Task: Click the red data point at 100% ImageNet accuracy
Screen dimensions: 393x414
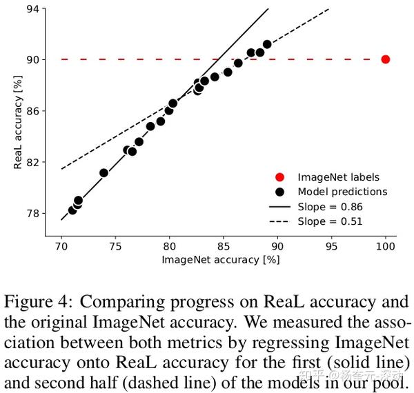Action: click(x=386, y=59)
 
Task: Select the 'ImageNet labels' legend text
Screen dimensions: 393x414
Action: click(x=338, y=177)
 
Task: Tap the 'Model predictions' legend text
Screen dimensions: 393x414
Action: click(x=342, y=192)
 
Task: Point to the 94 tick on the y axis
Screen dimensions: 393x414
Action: click(x=33, y=9)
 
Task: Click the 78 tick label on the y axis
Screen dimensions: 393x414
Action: click(x=33, y=213)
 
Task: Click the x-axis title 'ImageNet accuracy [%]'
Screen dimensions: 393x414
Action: click(x=221, y=260)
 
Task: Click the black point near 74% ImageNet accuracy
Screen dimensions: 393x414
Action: click(x=104, y=173)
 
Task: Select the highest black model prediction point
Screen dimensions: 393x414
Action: click(x=267, y=44)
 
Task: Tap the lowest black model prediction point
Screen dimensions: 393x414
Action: click(x=72, y=210)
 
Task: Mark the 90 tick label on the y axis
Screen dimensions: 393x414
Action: click(x=33, y=60)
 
